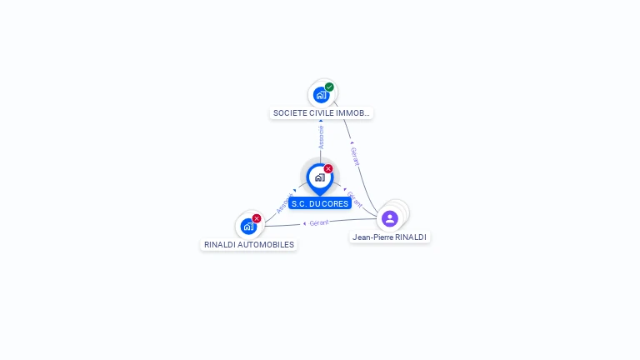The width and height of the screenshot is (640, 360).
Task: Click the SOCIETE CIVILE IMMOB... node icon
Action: coord(321,95)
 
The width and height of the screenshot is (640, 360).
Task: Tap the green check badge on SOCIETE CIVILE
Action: coord(329,87)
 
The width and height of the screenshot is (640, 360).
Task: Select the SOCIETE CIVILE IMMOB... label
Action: coord(321,112)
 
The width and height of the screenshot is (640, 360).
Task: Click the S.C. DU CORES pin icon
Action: coord(319,177)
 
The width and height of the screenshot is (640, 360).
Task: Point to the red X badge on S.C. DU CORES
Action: coord(328,169)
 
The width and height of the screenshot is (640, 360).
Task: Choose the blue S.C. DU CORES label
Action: coord(320,203)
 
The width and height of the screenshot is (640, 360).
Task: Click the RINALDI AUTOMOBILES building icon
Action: coord(248,226)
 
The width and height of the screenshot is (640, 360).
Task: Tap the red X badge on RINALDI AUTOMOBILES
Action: coord(257,218)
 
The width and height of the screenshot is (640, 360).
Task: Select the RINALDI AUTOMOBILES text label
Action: coord(249,245)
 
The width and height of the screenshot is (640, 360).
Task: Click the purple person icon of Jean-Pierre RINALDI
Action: coord(389,218)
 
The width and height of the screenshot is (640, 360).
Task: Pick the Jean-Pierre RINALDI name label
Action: coord(389,237)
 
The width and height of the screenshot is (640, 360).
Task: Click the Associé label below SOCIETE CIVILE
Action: coord(321,137)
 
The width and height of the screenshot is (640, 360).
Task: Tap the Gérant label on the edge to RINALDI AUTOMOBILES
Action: coord(319,222)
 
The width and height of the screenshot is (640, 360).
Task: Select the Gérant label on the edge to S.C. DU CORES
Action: coord(355,199)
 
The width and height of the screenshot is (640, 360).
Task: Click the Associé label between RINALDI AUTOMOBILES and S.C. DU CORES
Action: coord(283,204)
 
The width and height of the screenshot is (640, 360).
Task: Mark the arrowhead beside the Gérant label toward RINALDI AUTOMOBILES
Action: coord(305,223)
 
